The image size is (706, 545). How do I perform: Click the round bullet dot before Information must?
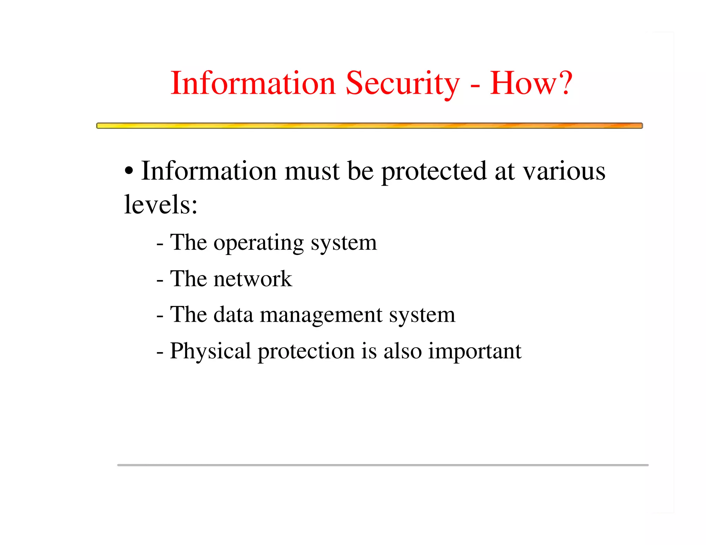[129, 171]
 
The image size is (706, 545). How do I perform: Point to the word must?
[312, 171]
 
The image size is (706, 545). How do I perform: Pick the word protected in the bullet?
[434, 172]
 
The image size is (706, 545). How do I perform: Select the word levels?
[161, 204]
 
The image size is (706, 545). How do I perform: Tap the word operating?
[259, 243]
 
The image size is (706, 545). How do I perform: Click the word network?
[253, 279]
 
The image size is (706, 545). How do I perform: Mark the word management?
[321, 315]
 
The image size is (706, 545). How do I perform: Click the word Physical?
[210, 351]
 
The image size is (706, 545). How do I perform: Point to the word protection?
[306, 351]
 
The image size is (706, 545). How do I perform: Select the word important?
[475, 351]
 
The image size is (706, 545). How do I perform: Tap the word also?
[402, 351]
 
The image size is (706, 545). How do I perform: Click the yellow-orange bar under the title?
[369, 126]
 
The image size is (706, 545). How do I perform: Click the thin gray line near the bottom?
[383, 465]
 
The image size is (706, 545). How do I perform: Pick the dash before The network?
[160, 280]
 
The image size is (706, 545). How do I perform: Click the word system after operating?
[344, 243]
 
